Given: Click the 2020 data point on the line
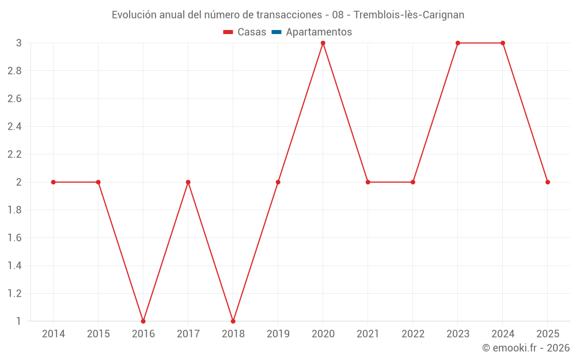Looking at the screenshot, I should point(323,43).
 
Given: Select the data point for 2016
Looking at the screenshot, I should point(143,321).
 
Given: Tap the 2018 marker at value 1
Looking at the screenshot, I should point(233,321).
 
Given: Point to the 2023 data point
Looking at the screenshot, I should point(458,43).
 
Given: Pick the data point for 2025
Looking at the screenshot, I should point(548,182).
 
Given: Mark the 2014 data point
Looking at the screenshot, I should point(54,182).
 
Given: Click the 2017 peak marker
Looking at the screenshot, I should point(188,182).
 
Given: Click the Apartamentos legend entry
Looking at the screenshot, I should point(319,32).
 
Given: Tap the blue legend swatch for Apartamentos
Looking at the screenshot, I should point(276,32).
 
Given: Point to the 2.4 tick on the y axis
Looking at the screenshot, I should point(14,127).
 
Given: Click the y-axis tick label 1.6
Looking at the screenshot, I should point(14,238).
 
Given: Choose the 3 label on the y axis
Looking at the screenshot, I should point(19,43).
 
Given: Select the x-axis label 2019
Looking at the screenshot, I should point(278,334).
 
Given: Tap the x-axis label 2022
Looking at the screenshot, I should point(413,334).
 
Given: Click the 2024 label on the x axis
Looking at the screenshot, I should point(503,334).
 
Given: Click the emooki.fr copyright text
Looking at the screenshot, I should point(526,348).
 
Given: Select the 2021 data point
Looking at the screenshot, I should point(368,182).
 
